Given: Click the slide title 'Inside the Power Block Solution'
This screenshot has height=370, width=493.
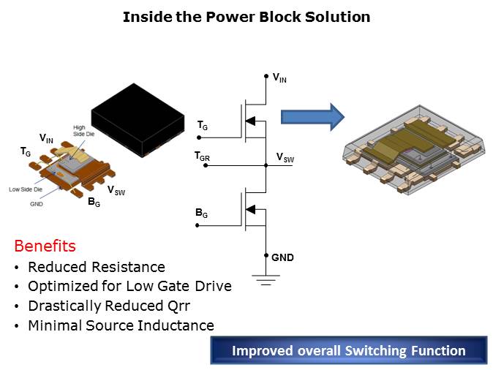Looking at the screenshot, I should pos(246,16).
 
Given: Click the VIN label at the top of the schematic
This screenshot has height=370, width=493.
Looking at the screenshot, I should pos(279,78).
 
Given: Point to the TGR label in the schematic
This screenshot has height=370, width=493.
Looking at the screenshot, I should pos(201,156).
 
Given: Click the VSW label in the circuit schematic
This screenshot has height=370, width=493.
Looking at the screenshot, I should pos(285,157).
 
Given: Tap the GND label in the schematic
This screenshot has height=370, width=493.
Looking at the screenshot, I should pos(282,257).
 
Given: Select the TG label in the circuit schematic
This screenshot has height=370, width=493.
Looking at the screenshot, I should pos(203,127).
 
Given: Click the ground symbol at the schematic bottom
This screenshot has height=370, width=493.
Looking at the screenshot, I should pos(267,279).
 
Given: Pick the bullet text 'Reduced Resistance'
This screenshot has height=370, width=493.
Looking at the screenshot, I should pos(97,267).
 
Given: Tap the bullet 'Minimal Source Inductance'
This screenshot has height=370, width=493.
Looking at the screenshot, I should pos(121,325).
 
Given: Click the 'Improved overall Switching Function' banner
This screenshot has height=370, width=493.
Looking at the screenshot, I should pos(348,351).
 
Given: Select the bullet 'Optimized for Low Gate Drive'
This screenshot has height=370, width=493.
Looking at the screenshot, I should pos(129,286).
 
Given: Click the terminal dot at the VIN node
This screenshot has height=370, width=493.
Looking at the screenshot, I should pos(267,75).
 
